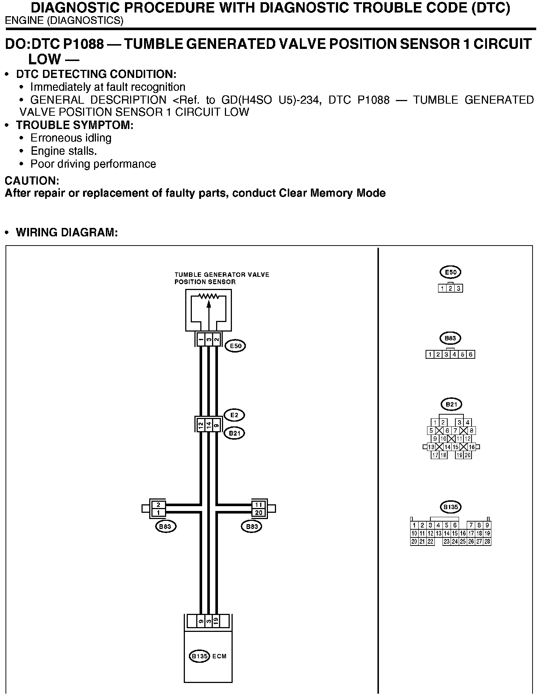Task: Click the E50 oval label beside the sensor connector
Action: pyautogui.click(x=235, y=346)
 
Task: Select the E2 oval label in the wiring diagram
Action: pyautogui.click(x=234, y=415)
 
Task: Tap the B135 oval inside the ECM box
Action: pyautogui.click(x=199, y=656)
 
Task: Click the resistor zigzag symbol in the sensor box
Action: pyautogui.click(x=208, y=296)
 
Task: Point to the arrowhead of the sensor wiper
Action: pyautogui.click(x=209, y=304)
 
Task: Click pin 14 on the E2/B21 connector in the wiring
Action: pyautogui.click(x=208, y=425)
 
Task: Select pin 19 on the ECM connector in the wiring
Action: pyautogui.click(x=216, y=621)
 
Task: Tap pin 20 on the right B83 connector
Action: pyautogui.click(x=259, y=513)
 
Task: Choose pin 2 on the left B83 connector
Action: pyautogui.click(x=158, y=505)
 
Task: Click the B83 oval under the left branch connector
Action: pyautogui.click(x=166, y=526)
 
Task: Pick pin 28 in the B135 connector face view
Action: pyautogui.click(x=487, y=541)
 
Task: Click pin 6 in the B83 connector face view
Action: pyautogui.click(x=471, y=355)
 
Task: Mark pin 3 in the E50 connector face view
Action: pyautogui.click(x=459, y=289)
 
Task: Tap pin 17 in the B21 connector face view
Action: pyautogui.click(x=435, y=455)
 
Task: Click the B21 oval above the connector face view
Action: pyautogui.click(x=451, y=405)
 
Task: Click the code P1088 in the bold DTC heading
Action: pyautogui.click(x=83, y=44)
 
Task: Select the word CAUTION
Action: pyautogui.click(x=32, y=181)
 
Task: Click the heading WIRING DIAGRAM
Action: pyautogui.click(x=67, y=233)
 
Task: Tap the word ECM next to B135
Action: pyautogui.click(x=219, y=656)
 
